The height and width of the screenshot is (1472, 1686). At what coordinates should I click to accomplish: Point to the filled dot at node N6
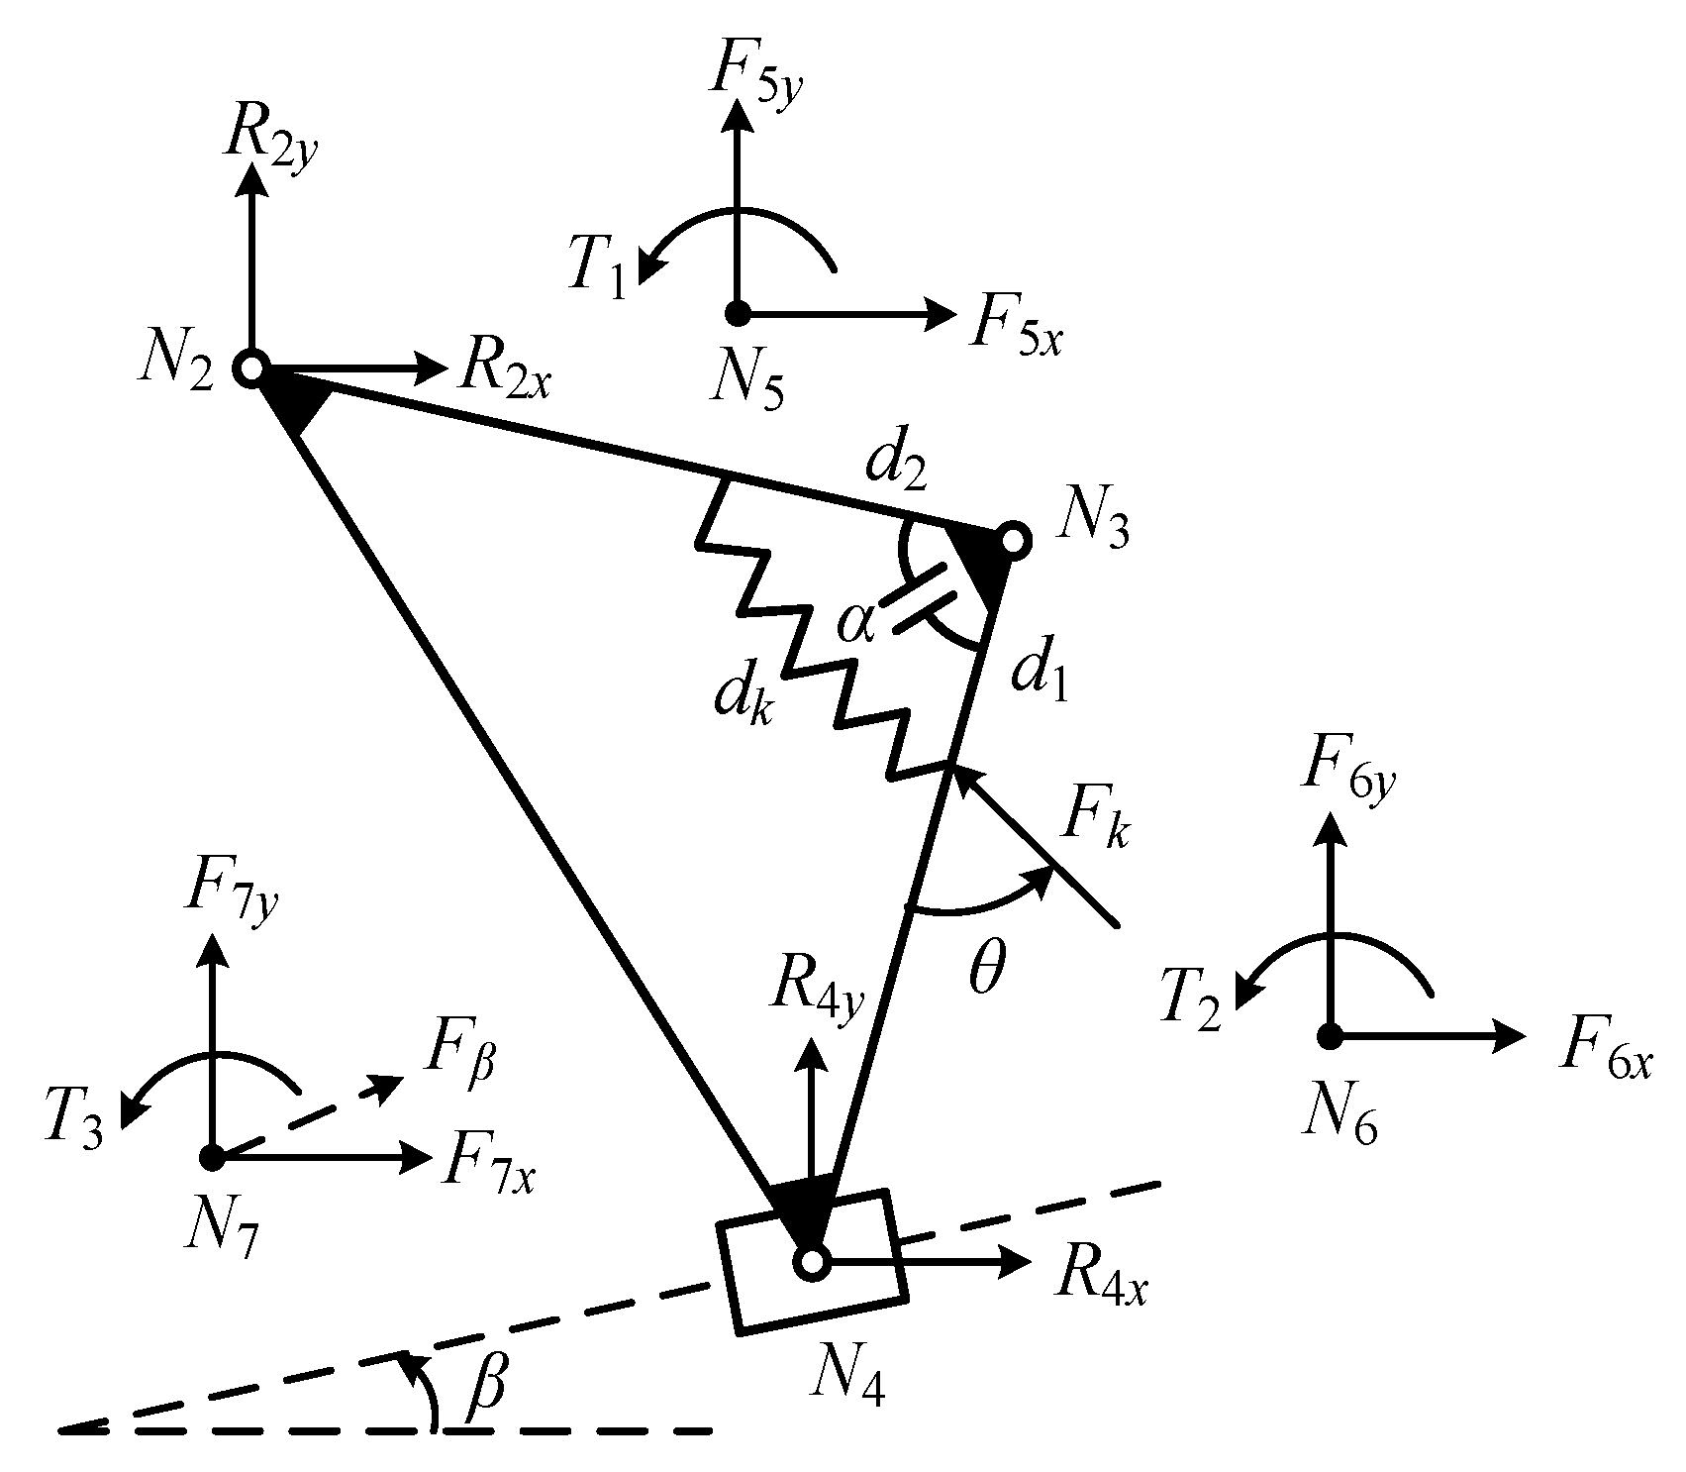click(x=1330, y=1036)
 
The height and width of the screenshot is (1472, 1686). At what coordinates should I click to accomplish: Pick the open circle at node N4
click(x=811, y=1262)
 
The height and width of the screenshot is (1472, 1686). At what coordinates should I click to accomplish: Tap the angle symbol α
click(x=856, y=624)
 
